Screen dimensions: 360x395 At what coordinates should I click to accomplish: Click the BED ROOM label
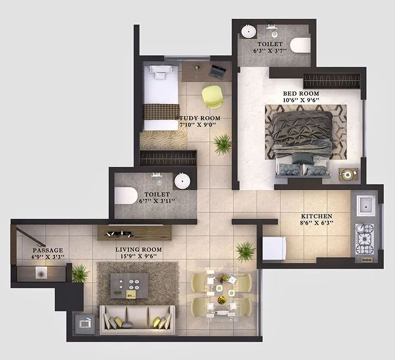[301, 94]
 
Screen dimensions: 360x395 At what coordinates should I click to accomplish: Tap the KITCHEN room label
[316, 217]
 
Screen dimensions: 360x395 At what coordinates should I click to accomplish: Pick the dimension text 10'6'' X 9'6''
[301, 101]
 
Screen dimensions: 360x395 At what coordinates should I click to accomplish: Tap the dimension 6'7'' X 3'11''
[157, 201]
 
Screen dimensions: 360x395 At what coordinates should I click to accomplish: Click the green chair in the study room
[211, 96]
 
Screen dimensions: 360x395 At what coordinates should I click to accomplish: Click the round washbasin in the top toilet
[248, 31]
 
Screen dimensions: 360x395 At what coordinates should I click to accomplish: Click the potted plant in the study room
[223, 143]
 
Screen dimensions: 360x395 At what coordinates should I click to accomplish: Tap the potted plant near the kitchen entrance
[245, 251]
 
